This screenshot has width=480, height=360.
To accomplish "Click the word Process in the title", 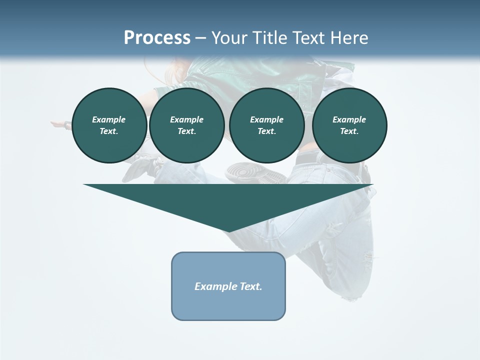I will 157,37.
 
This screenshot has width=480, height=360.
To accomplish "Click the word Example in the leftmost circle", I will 109,119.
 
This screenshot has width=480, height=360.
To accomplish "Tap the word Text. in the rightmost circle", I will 349,131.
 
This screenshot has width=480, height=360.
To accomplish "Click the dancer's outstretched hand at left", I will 59,123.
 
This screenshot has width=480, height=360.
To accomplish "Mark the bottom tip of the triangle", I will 229,230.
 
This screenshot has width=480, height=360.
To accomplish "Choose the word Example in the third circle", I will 266,119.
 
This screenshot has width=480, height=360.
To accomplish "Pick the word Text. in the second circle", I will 187,131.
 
